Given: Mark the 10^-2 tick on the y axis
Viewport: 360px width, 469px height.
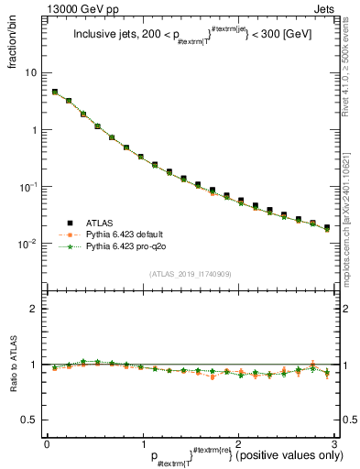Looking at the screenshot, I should [x=29, y=245].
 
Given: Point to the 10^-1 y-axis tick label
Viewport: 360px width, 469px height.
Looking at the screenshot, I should [x=29, y=187].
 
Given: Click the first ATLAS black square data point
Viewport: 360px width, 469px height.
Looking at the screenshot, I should [x=55, y=92].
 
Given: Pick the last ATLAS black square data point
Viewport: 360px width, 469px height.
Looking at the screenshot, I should [x=327, y=226].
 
